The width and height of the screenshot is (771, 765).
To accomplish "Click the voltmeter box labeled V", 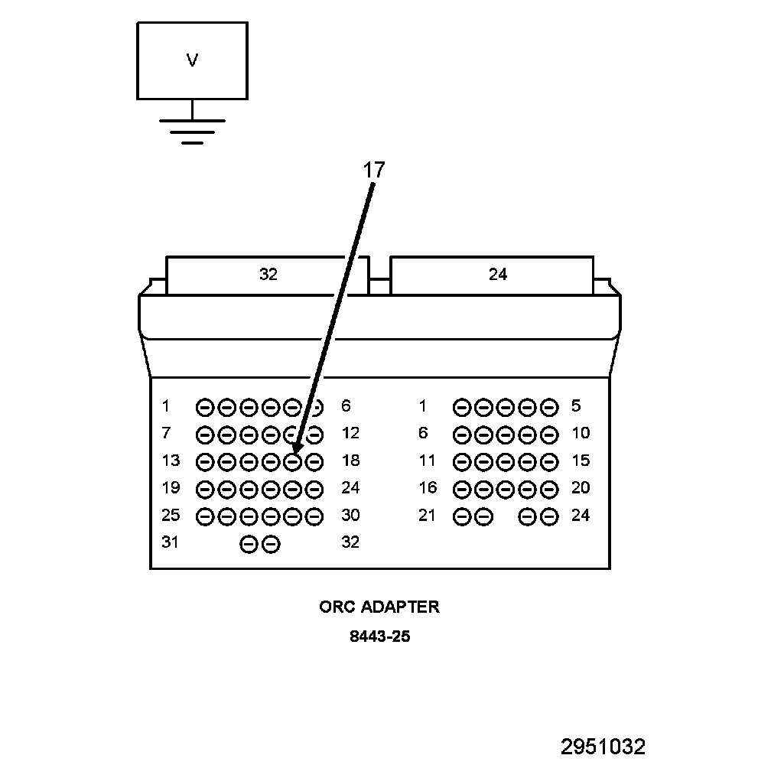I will click(x=192, y=60).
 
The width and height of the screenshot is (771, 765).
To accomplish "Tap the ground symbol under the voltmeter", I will click(x=192, y=131).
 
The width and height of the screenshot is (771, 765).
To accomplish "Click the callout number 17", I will click(x=373, y=170).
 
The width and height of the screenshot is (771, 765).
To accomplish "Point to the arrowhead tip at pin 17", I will click(x=295, y=452).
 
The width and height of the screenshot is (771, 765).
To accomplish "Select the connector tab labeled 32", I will click(x=268, y=275).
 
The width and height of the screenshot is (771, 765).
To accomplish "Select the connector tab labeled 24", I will click(x=497, y=275).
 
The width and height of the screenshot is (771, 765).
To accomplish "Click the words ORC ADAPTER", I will click(x=379, y=607).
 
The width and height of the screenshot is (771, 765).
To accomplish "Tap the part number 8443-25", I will click(x=379, y=636).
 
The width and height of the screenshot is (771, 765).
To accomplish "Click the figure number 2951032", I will click(x=603, y=747).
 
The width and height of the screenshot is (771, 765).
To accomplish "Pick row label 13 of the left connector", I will click(x=171, y=461).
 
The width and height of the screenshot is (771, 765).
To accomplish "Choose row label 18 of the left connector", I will click(x=350, y=461).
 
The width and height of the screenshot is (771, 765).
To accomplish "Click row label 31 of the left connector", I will click(x=171, y=542).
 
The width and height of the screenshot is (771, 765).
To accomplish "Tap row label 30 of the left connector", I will click(x=350, y=515).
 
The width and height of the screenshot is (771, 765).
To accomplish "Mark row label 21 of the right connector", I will click(x=427, y=515).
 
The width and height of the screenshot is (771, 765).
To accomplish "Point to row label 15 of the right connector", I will click(x=581, y=461).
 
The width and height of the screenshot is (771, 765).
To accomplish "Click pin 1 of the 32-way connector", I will click(x=205, y=406).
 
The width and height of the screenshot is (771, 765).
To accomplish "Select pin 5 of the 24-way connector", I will click(x=548, y=406).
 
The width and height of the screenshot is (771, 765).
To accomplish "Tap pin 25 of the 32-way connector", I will click(x=205, y=516).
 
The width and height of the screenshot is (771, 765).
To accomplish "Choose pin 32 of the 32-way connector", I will click(x=271, y=544).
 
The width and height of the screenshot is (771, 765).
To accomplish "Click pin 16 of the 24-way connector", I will click(x=462, y=489).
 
